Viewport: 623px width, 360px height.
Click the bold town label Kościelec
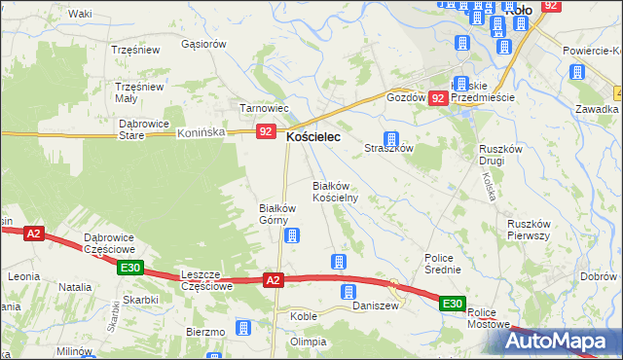(312, 138)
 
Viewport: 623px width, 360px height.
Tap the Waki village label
(80, 14)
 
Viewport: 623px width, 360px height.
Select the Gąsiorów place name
(203, 44)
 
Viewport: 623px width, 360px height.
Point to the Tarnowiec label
(261, 107)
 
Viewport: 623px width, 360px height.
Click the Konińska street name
(202, 131)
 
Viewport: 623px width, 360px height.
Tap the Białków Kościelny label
(336, 191)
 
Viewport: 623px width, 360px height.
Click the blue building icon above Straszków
(391, 139)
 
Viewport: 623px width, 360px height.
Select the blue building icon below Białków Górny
(291, 234)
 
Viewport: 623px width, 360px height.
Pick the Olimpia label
(307, 342)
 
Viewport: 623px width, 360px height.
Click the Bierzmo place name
(205, 332)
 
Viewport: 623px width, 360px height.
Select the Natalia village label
(75, 287)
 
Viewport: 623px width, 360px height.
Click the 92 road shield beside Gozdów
(438, 98)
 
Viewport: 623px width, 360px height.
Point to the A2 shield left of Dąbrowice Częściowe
(34, 234)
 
